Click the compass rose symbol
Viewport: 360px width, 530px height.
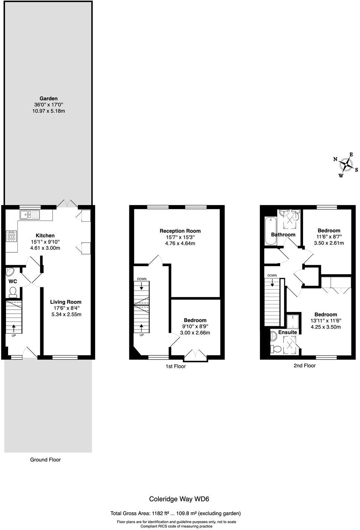[346, 165]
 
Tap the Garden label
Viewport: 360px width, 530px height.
[49, 99]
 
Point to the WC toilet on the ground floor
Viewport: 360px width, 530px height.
[13, 291]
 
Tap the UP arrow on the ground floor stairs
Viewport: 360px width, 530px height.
[14, 328]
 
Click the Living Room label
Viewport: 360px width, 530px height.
[65, 302]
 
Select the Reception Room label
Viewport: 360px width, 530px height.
[180, 231]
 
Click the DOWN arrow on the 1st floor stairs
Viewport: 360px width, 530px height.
[141, 286]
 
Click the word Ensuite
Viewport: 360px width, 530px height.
[287, 332]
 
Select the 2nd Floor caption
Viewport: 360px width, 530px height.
[304, 365]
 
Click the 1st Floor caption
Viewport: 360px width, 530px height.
[176, 366]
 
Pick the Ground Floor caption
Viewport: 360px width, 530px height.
[45, 460]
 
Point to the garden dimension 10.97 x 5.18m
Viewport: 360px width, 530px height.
[49, 111]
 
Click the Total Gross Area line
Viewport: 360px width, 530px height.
[176, 513]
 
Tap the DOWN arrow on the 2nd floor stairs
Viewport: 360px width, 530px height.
[273, 283]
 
